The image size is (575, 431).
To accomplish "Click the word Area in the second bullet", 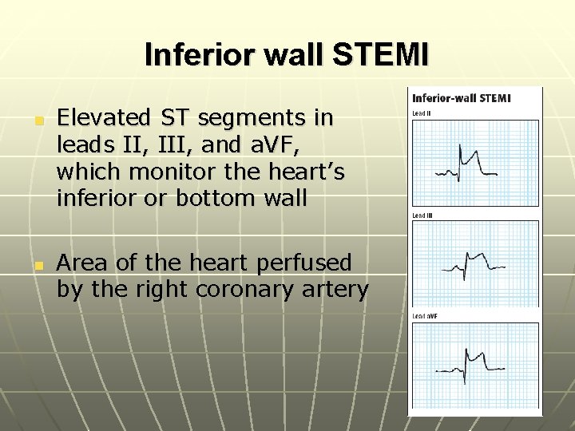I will click(85, 263).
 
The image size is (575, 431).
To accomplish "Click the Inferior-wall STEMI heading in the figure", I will click(461, 98).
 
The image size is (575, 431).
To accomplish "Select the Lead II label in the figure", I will click(420, 114).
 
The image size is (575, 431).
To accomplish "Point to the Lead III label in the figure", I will click(422, 215).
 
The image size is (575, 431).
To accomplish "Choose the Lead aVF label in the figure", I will click(423, 317).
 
